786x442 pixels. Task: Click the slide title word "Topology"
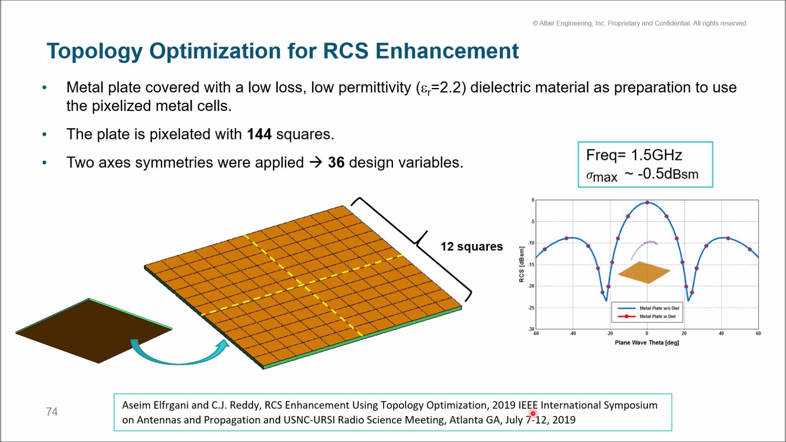click(95, 52)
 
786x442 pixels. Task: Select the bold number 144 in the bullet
click(259, 134)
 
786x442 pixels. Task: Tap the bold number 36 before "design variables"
click(336, 162)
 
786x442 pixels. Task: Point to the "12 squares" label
click(472, 246)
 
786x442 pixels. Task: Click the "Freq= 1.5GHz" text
click(634, 155)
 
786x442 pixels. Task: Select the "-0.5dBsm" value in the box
click(668, 174)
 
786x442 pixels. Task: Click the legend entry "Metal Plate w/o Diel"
click(659, 308)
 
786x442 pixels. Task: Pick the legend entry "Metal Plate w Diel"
click(657, 316)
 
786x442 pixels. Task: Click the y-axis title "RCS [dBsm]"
click(522, 264)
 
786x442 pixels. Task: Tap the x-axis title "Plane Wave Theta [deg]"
click(647, 343)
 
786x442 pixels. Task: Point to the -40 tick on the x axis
click(573, 334)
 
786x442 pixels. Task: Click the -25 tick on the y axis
click(531, 308)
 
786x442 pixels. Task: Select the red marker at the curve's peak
click(647, 203)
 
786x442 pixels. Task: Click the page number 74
click(52, 412)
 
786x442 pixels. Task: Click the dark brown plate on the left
click(94, 331)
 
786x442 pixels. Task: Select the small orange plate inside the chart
click(644, 273)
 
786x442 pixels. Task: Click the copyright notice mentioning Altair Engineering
click(640, 23)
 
